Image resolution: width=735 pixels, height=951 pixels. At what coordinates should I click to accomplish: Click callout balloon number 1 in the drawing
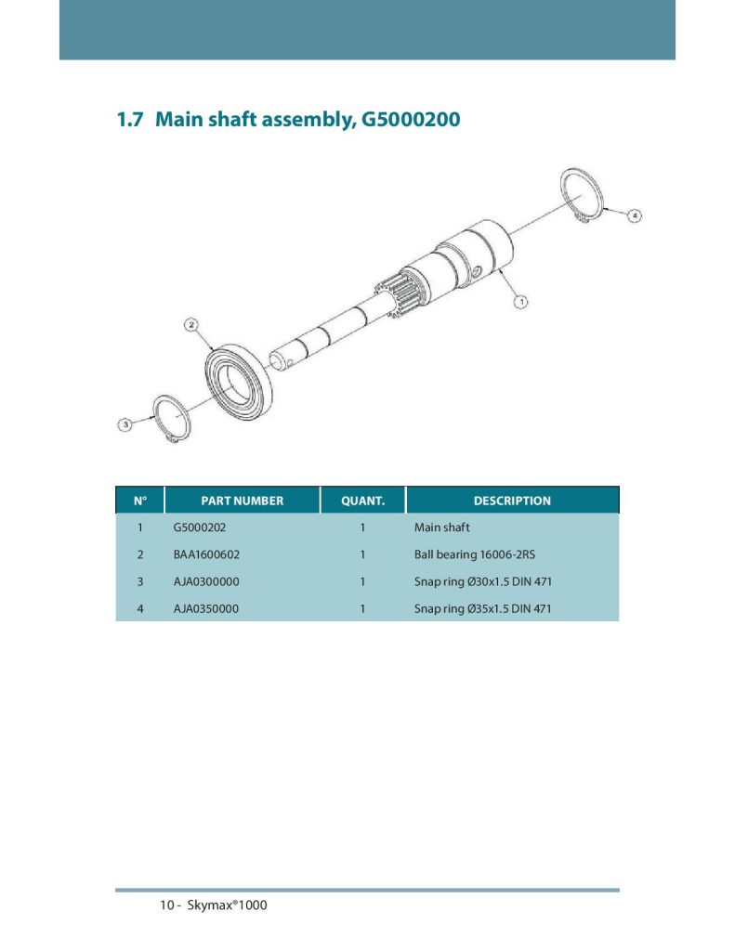tap(520, 302)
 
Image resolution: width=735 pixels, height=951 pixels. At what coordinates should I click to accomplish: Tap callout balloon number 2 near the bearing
tap(191, 325)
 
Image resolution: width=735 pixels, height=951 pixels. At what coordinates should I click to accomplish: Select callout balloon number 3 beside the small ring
tap(125, 424)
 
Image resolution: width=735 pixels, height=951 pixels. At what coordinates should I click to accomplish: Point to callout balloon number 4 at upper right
tap(635, 215)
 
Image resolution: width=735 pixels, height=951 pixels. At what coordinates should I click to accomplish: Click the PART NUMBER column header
tap(243, 501)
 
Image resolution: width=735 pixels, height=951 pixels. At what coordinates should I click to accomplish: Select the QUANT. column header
tap(363, 501)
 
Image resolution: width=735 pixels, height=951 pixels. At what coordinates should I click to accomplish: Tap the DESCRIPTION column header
tap(512, 501)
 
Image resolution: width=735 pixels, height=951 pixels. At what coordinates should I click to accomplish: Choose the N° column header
tap(140, 501)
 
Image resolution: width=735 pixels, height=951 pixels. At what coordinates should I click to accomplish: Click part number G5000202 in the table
tap(200, 528)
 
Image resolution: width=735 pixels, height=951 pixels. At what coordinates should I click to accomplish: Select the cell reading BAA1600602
tap(206, 554)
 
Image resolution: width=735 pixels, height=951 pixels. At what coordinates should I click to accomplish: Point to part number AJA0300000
tap(206, 581)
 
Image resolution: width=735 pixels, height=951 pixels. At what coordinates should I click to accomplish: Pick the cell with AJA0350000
tap(206, 609)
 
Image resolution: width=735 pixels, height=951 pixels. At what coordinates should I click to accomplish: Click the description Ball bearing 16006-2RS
tap(475, 554)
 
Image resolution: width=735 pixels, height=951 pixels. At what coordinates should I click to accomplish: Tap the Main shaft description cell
tap(442, 528)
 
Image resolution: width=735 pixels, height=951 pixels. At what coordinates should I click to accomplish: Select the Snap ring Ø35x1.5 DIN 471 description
tap(483, 609)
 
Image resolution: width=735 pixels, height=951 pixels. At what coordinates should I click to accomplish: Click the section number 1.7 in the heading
tap(130, 119)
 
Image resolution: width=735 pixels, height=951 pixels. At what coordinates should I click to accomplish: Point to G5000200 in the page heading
tap(411, 119)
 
